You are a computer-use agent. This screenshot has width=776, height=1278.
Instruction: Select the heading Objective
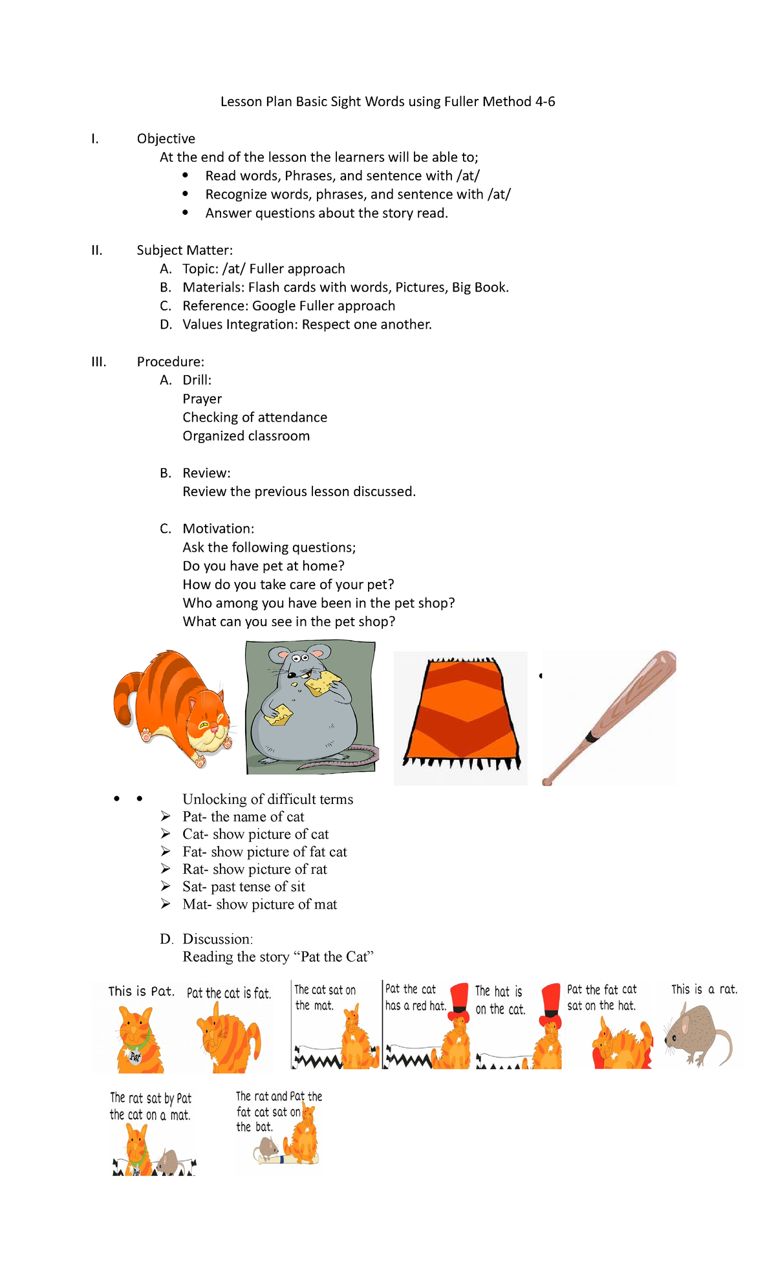(166, 138)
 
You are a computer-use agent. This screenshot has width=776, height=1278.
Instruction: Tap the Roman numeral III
(98, 362)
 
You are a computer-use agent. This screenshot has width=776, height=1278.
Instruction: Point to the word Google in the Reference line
(275, 306)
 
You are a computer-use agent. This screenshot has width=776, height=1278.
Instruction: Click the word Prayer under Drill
(202, 399)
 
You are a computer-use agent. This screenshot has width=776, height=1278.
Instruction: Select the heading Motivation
(218, 528)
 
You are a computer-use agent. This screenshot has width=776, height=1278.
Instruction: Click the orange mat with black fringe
(461, 711)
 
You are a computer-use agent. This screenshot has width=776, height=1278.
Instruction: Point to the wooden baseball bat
(608, 718)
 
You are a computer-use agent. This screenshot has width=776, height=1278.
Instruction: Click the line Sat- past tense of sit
(243, 887)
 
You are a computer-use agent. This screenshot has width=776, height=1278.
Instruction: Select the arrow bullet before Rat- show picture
(166, 869)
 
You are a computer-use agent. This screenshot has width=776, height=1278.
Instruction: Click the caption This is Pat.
(141, 991)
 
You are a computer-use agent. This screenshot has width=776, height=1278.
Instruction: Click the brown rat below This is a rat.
(695, 1035)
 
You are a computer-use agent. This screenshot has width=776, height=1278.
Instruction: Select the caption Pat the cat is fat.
(229, 993)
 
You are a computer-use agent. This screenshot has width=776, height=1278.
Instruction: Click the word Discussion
(217, 939)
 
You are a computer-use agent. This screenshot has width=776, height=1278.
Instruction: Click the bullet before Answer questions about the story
(186, 212)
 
